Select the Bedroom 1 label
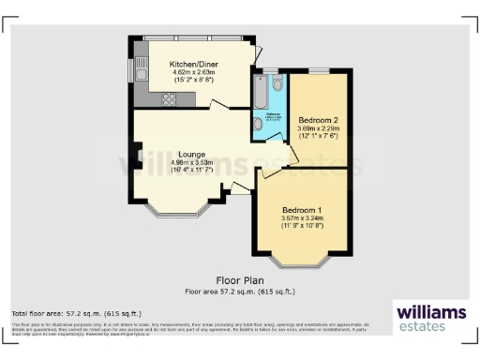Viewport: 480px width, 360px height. (301, 210)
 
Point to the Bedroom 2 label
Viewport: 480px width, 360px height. (317, 121)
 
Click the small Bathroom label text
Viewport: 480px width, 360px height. (272, 115)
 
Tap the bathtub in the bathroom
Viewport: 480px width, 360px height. (258, 94)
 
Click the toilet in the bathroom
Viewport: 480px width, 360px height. (275, 85)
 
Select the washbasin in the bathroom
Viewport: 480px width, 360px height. (257, 124)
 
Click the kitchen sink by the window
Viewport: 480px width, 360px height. (141, 72)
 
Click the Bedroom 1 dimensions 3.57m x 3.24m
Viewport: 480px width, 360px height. (301, 219)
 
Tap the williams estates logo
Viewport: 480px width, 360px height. (429, 317)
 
